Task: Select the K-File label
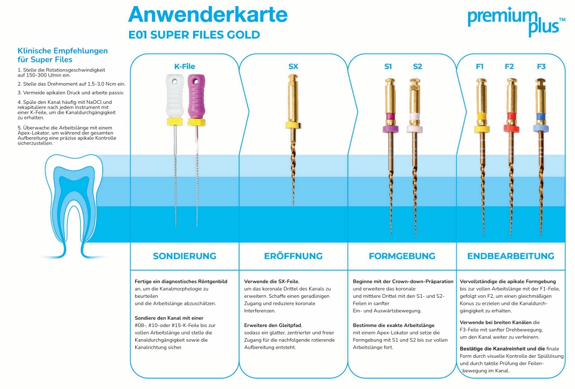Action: pos(184,67)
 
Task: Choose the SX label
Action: pos(293,67)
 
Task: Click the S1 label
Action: pos(388,67)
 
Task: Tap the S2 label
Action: pos(417,67)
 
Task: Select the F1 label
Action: pos(480,67)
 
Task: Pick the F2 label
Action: pos(509,67)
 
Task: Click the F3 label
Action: pos(541,67)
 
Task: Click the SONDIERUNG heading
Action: pos(184,256)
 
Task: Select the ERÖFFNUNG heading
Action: pos(293,256)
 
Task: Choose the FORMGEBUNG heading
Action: pos(402,256)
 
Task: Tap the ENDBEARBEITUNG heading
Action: pos(510,256)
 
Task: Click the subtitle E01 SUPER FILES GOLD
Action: pos(194,35)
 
